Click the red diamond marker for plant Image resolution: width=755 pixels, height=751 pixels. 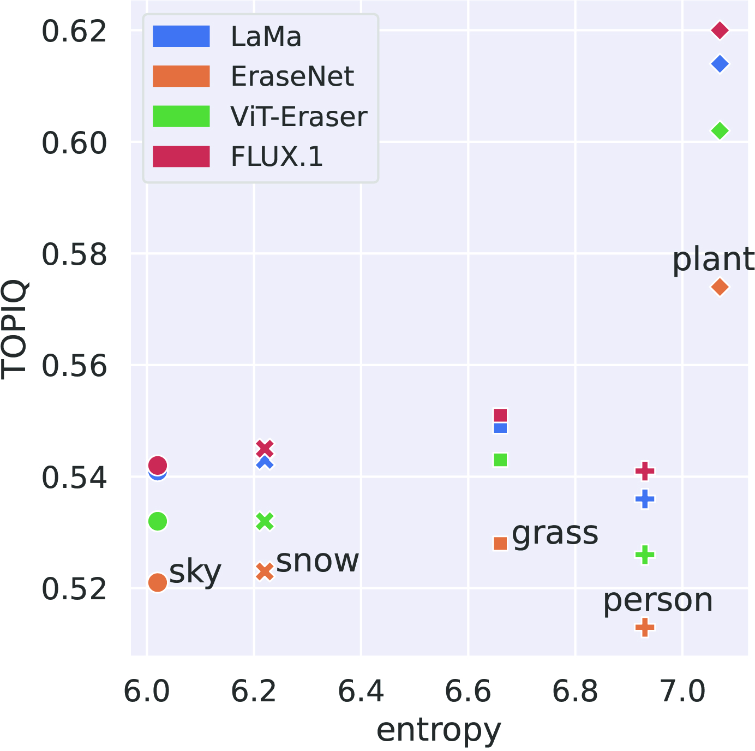click(x=720, y=30)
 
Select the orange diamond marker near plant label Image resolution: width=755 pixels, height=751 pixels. click(x=720, y=287)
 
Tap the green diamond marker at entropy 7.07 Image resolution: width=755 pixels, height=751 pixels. click(x=720, y=131)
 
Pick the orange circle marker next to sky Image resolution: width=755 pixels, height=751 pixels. click(x=157, y=582)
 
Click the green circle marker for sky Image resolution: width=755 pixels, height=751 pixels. click(x=157, y=521)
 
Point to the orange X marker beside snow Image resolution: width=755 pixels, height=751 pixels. click(x=265, y=571)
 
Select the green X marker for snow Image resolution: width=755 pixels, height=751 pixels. click(x=265, y=522)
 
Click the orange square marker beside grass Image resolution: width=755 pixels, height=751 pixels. click(x=500, y=543)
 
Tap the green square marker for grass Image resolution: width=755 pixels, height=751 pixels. click(x=500, y=460)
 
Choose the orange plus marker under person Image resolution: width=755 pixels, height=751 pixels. click(x=645, y=627)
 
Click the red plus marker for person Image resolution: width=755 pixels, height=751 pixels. click(x=645, y=470)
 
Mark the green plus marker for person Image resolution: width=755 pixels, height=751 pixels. click(x=645, y=556)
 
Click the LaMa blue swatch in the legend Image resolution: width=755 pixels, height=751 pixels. click(x=181, y=37)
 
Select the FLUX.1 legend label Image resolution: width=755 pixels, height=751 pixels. click(x=277, y=157)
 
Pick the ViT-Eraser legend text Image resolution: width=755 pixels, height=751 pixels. click(x=299, y=117)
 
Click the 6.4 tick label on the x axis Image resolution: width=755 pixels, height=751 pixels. click(x=361, y=692)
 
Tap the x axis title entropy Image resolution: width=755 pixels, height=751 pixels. click(x=439, y=730)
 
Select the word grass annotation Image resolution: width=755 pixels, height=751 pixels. click(x=555, y=533)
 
